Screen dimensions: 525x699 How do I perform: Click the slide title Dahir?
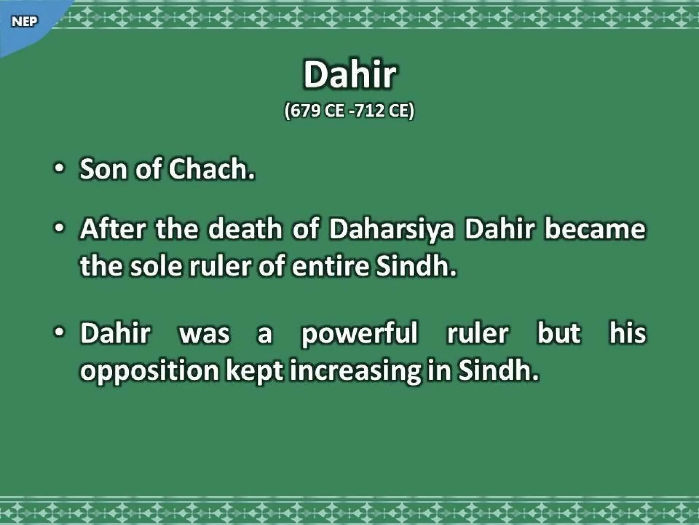click(349, 75)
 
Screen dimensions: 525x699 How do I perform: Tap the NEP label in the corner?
click(24, 22)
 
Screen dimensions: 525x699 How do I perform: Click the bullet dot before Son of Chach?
click(59, 169)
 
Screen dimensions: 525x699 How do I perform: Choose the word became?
click(595, 229)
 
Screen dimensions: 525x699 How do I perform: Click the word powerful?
click(359, 334)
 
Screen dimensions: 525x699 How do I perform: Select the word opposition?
click(149, 371)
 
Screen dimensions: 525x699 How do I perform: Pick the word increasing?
click(355, 371)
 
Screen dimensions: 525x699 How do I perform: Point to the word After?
click(113, 229)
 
